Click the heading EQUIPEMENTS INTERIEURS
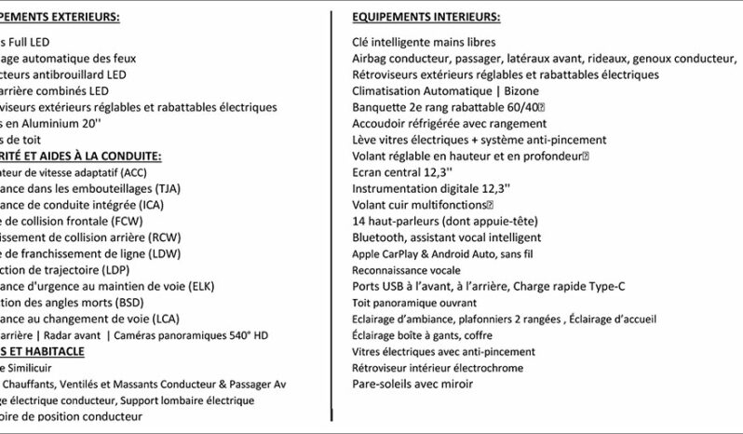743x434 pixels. tap(426, 18)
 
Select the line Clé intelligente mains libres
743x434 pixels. tap(424, 42)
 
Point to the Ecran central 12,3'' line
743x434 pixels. tap(403, 172)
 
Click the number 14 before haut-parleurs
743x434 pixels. tap(358, 221)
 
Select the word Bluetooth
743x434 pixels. tap(377, 237)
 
